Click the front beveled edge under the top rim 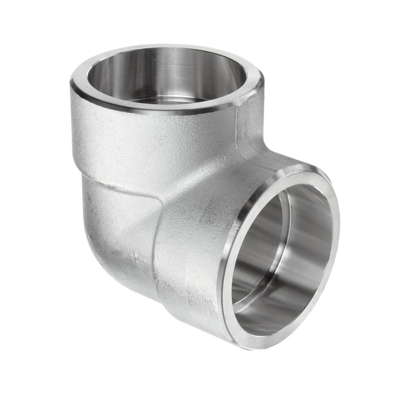click(158, 115)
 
